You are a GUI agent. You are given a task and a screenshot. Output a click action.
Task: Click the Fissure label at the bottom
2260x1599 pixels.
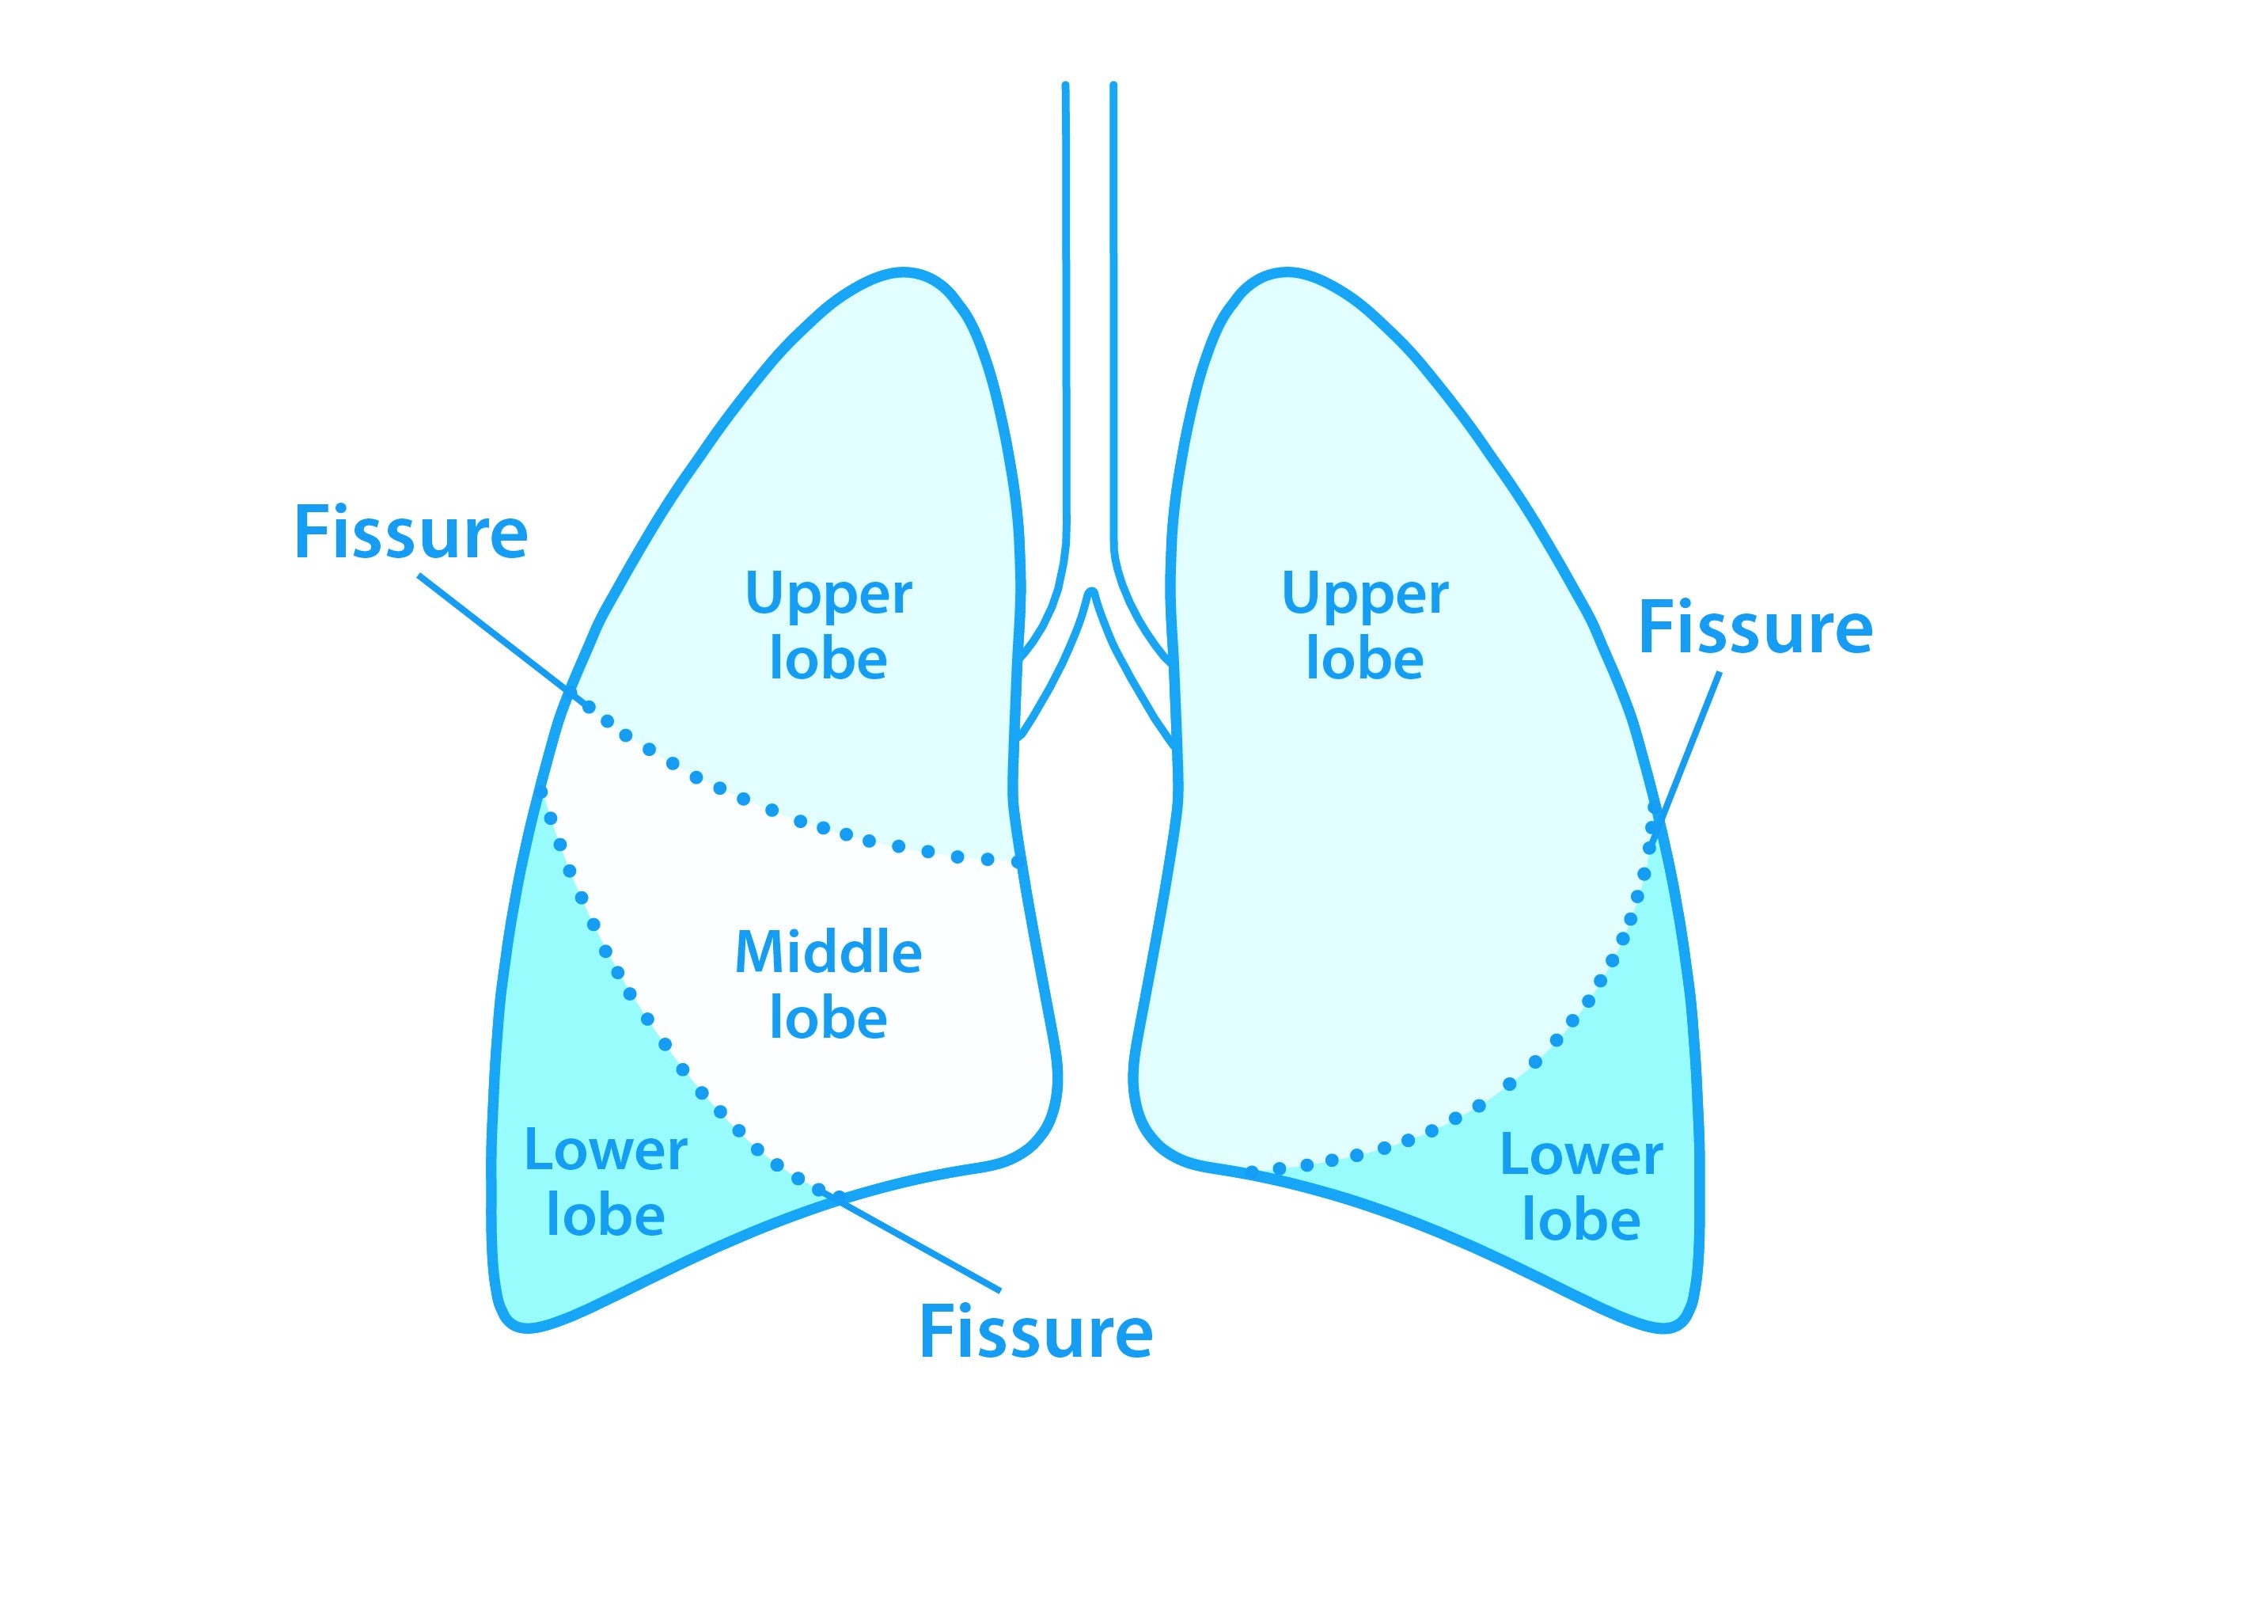point(1036,1333)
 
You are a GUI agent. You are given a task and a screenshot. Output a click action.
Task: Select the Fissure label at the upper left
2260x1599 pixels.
point(411,533)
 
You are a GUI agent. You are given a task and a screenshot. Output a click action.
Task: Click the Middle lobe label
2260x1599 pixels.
point(829,985)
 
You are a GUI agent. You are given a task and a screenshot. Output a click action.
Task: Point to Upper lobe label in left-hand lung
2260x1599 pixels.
point(829,626)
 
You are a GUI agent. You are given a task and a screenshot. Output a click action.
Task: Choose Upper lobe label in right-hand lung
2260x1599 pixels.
point(1365,626)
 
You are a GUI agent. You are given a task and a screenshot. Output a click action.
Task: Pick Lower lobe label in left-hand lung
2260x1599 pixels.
point(605,1182)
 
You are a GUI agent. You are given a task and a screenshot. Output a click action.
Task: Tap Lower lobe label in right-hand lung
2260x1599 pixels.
point(1581,1187)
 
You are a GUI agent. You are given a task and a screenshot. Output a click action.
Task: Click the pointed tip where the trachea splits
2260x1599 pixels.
point(1090,593)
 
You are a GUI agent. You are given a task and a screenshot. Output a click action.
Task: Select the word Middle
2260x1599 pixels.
point(829,952)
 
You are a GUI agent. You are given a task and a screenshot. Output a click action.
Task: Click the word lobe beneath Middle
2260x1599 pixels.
point(829,1018)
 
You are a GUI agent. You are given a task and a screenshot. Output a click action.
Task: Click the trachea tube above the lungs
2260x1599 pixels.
point(1090,295)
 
